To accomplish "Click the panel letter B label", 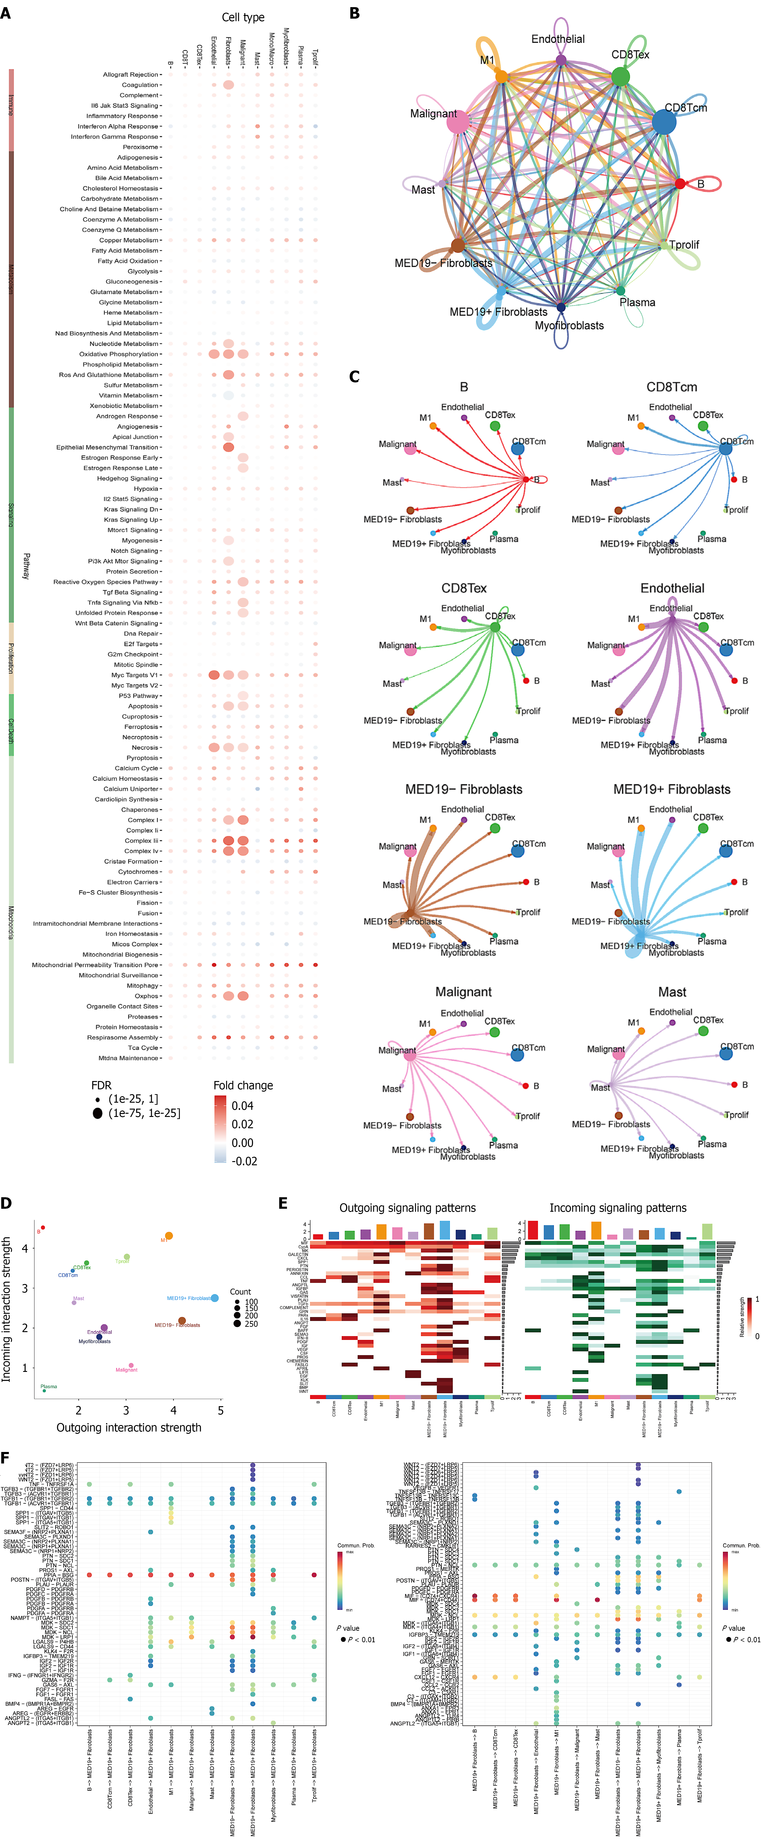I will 354,13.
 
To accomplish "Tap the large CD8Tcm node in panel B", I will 664,122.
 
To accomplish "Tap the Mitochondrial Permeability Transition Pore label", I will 95,965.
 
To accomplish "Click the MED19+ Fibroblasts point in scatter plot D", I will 214,1298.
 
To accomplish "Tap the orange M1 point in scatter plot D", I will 169,1236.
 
